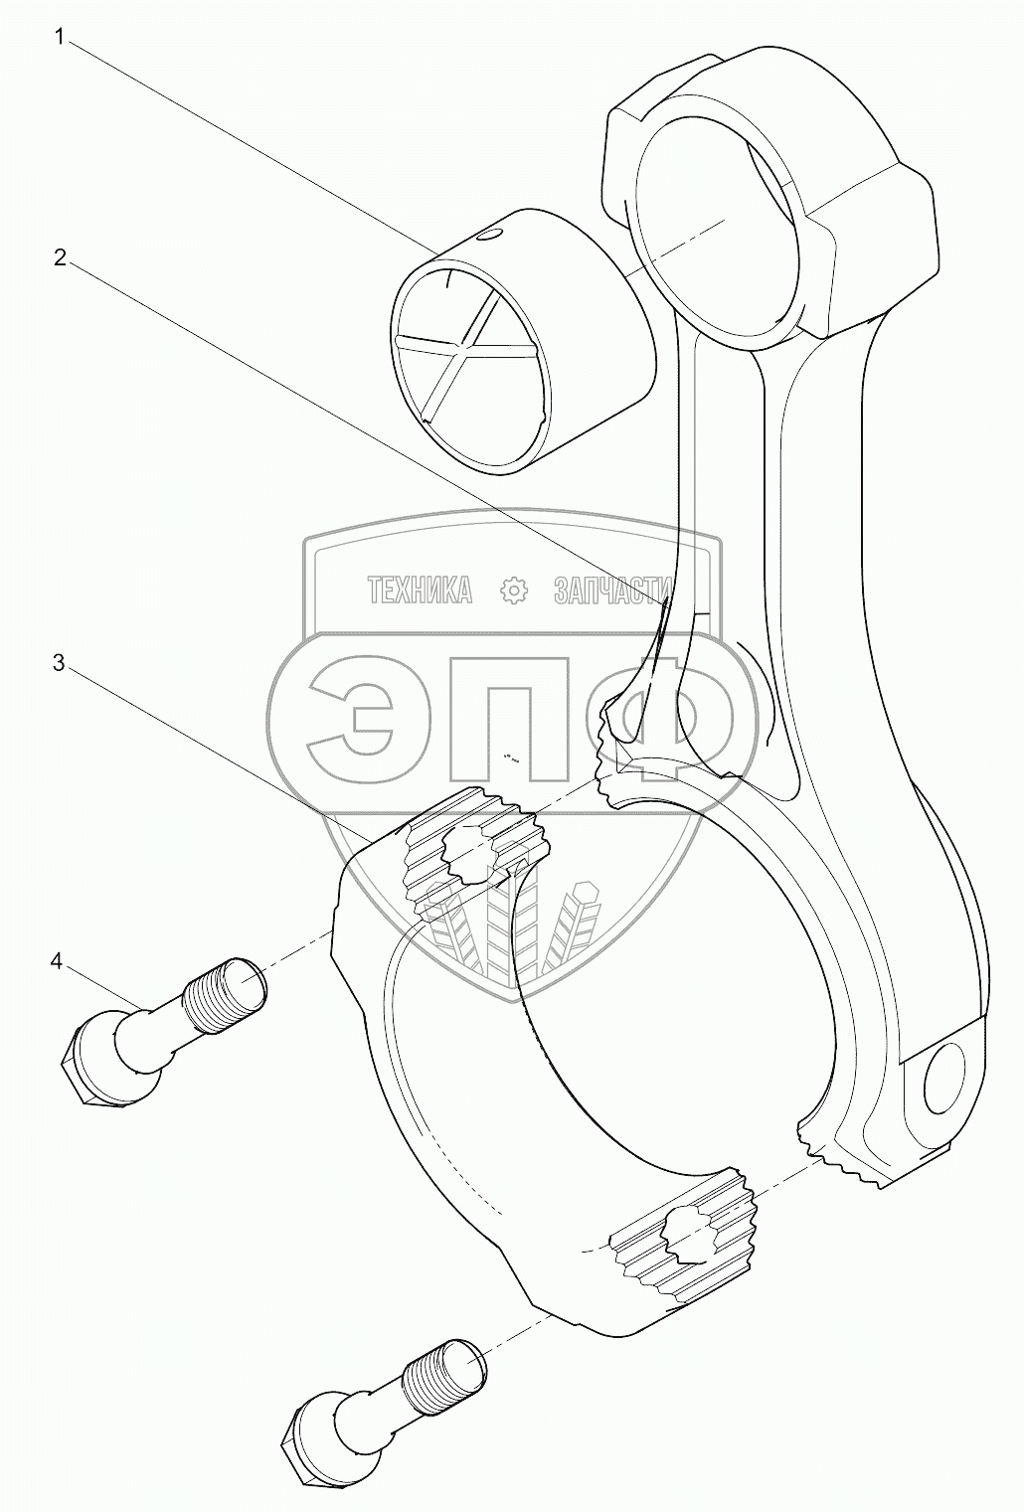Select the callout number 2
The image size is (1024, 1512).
(60, 258)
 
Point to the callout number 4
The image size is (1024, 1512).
(58, 960)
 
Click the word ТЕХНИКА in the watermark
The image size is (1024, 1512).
(421, 590)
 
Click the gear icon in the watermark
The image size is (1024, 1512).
(513, 590)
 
